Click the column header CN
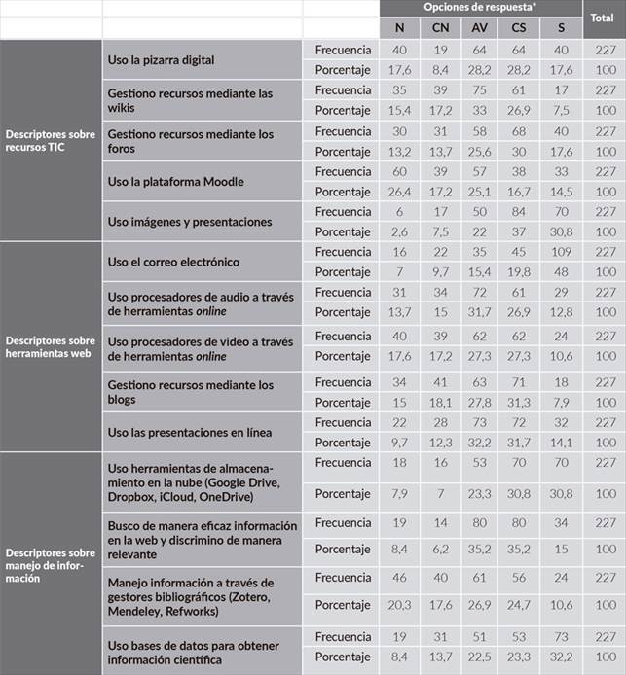click(x=440, y=27)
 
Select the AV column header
click(x=479, y=27)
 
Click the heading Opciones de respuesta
click(x=480, y=8)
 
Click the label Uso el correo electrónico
click(x=173, y=262)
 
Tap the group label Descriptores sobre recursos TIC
click(x=51, y=141)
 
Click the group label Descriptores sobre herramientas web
click(x=51, y=347)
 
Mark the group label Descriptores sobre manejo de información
click(x=51, y=564)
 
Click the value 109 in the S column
click(x=561, y=252)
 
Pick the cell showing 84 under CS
click(x=518, y=211)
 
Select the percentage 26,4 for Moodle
click(x=399, y=192)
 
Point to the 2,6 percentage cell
click(x=399, y=231)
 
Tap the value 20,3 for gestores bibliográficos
click(x=399, y=605)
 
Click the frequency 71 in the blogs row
click(x=518, y=382)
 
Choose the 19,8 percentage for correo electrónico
click(x=518, y=272)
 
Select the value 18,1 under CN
click(x=440, y=403)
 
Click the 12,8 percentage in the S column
click(x=561, y=312)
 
